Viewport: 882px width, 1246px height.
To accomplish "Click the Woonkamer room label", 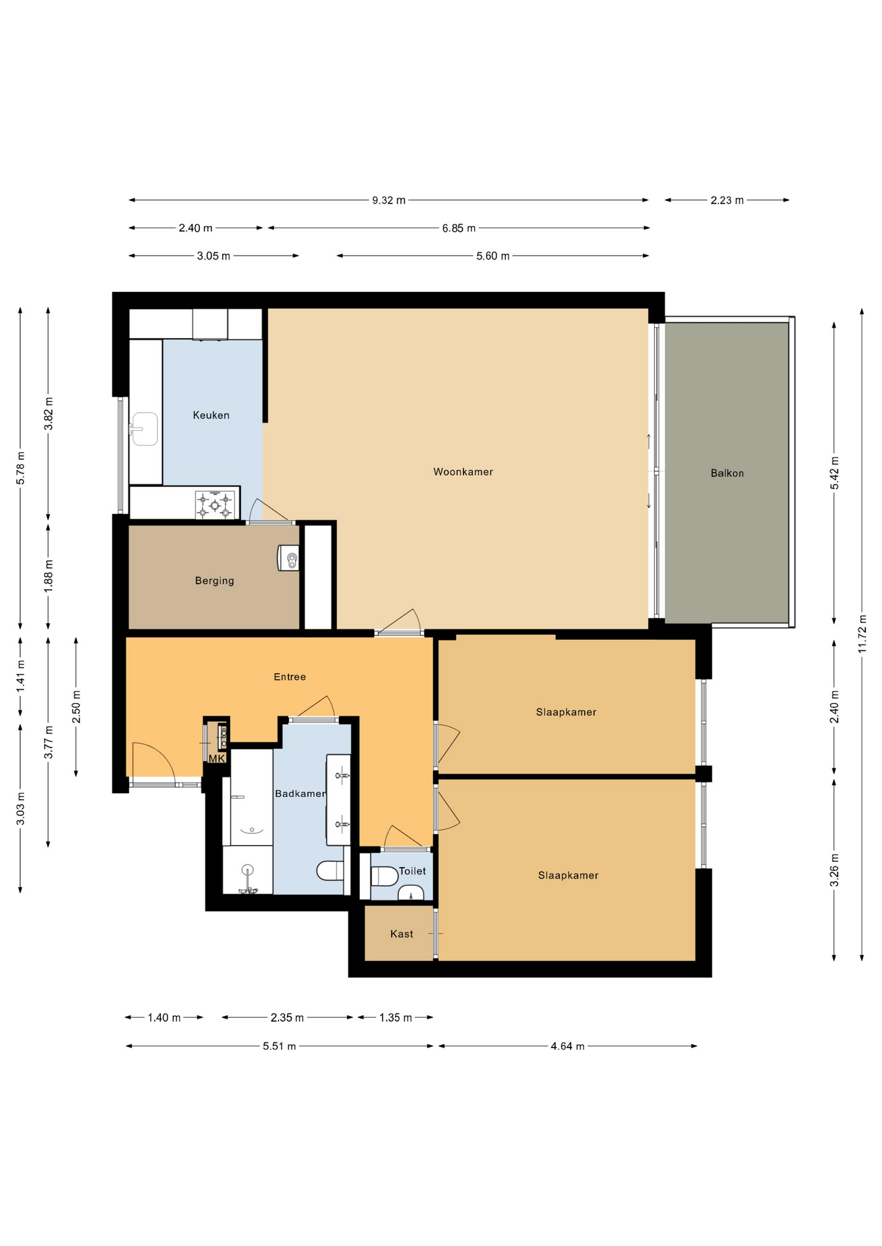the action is click(x=463, y=472).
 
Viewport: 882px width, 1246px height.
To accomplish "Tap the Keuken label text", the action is click(x=211, y=415).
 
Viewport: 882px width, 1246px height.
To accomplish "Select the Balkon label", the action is click(x=727, y=473).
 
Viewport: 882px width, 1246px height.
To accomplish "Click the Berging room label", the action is click(x=214, y=581).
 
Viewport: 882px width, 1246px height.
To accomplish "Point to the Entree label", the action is click(x=290, y=677).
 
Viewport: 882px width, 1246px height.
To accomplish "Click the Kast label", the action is click(x=401, y=934).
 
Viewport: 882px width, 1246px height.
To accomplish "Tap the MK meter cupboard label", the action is click(x=216, y=759).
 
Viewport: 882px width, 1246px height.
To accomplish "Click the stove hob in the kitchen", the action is click(x=215, y=505).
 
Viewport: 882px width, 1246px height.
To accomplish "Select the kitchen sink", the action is click(x=144, y=429).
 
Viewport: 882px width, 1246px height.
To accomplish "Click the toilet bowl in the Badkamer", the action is click(x=331, y=870).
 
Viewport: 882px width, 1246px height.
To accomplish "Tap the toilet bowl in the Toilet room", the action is click(x=384, y=876).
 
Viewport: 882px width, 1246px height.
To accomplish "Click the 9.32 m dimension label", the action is click(x=388, y=201).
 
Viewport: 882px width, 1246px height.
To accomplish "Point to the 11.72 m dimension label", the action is click(x=862, y=634).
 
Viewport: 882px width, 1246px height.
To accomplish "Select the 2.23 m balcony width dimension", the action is click(x=727, y=201).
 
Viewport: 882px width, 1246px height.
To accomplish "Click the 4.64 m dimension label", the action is click(x=568, y=1046).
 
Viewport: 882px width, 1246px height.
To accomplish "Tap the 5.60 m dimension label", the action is click(x=493, y=256).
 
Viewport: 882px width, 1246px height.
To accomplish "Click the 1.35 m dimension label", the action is click(x=396, y=1018).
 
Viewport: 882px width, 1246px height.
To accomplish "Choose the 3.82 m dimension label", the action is click(x=48, y=413).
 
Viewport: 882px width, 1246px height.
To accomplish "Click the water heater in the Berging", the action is click(x=288, y=558).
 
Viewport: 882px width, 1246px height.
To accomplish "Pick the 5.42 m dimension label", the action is click(x=835, y=473).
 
